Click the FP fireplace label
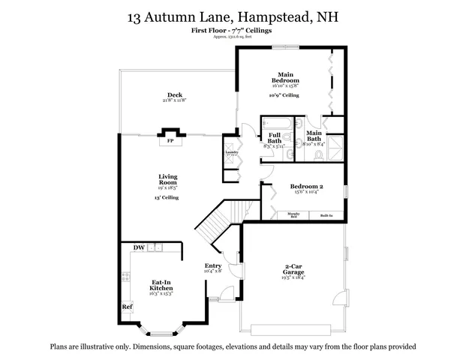[170, 140]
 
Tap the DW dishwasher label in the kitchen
[139, 247]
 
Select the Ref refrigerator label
[127, 307]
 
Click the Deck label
[175, 95]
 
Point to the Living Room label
[167, 179]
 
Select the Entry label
[213, 266]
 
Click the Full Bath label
[275, 138]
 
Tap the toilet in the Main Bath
[318, 155]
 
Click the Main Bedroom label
[285, 76]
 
